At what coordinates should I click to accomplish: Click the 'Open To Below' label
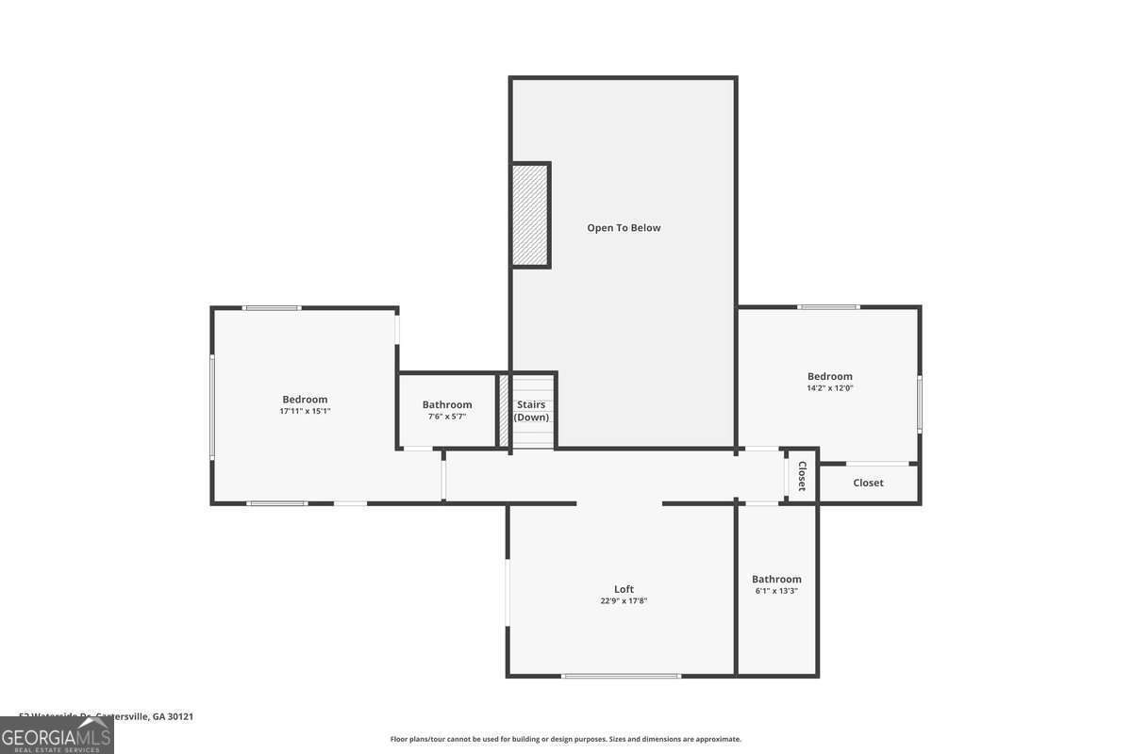624,228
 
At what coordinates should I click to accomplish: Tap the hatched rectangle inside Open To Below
530,215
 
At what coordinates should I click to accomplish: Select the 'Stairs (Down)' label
531,411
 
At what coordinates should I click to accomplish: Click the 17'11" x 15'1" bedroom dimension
305,411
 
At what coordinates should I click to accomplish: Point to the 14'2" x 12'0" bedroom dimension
829,388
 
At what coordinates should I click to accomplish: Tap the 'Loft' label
624,589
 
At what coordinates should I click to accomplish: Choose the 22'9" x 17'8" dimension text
624,601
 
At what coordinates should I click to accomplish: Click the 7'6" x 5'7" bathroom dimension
447,417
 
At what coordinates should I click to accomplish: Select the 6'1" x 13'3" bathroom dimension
776,591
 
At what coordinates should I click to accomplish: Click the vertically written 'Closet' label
802,476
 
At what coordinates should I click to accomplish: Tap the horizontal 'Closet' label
868,483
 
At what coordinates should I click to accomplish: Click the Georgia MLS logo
57,735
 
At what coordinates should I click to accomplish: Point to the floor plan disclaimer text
566,739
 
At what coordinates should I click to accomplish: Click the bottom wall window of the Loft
621,676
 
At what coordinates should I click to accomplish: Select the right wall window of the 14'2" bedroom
920,403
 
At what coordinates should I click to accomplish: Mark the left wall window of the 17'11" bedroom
212,406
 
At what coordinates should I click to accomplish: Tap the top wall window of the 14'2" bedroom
827,307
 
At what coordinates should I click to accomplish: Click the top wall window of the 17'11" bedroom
272,308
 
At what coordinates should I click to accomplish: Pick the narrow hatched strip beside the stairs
504,411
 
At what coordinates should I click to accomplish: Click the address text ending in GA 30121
107,716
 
